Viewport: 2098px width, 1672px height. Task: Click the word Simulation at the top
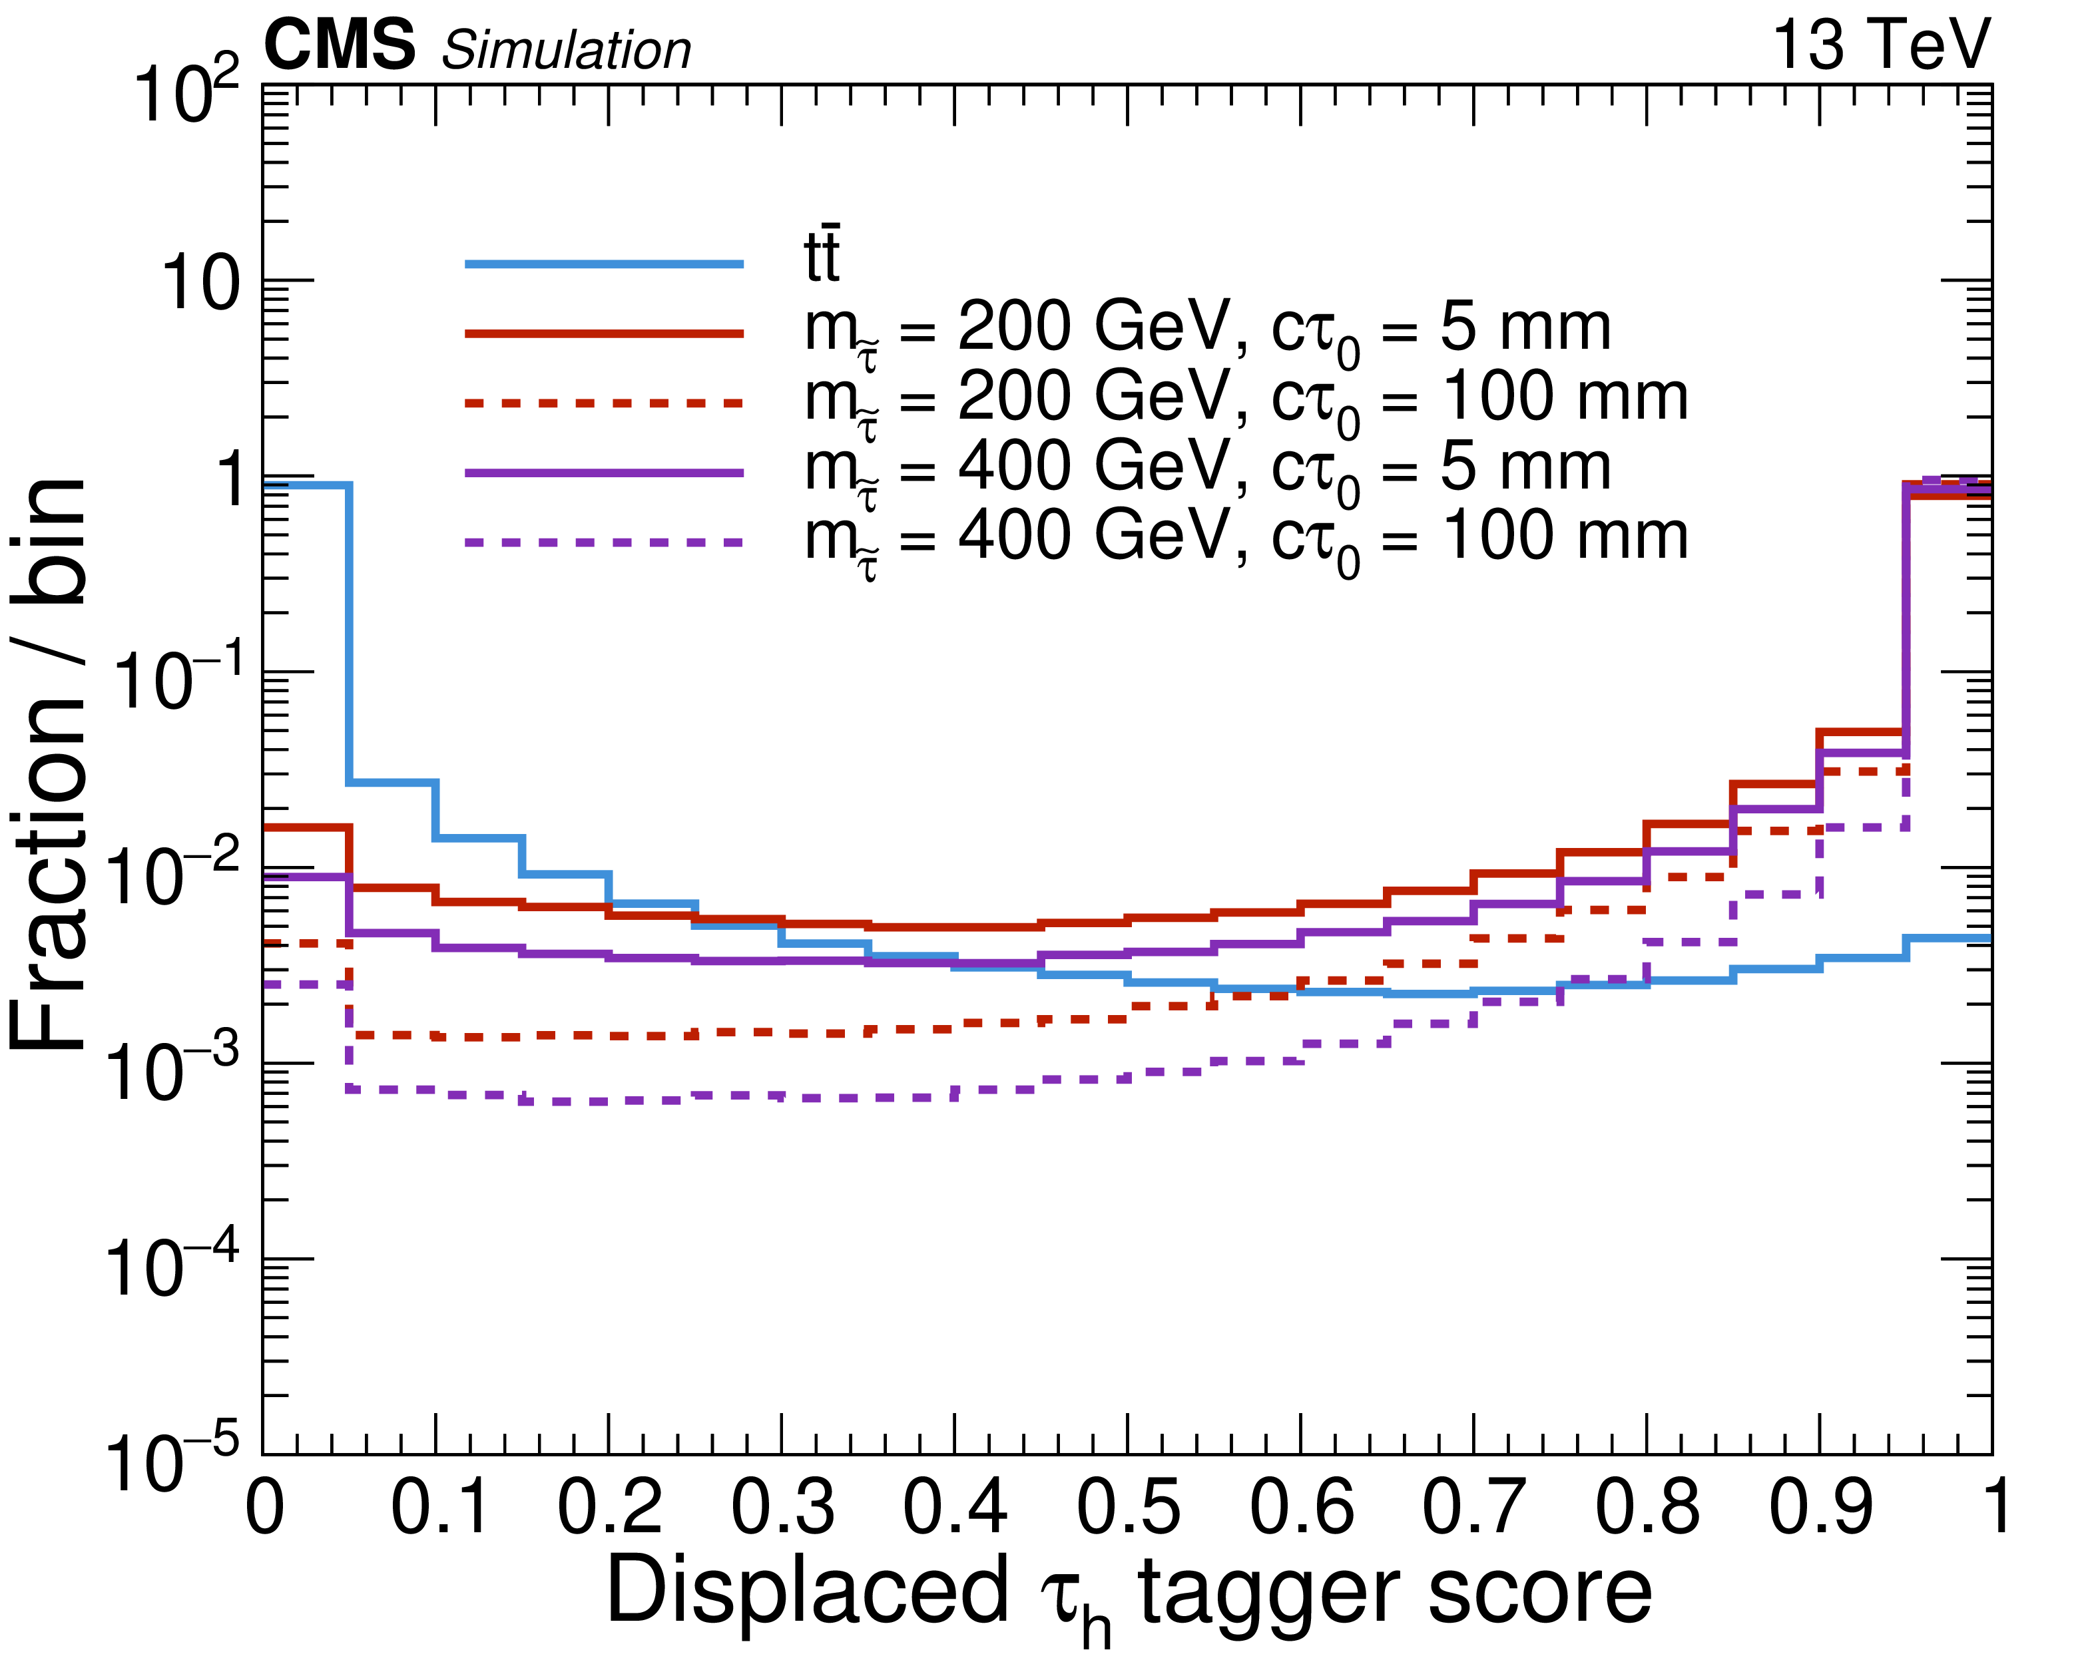coord(567,51)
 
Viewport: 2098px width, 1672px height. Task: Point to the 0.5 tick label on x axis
coord(1128,1508)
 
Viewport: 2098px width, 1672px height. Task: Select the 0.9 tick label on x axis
coord(1820,1508)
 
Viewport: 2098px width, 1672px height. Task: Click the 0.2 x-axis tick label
coord(609,1508)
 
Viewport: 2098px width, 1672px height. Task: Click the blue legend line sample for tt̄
coord(603,264)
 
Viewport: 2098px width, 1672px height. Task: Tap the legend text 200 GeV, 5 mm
coord(1206,331)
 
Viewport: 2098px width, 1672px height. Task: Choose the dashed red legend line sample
coord(603,403)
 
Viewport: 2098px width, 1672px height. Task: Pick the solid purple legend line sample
coord(603,473)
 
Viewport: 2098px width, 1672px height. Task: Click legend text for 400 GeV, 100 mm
coord(1246,540)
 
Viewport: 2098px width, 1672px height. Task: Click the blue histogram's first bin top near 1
coord(306,485)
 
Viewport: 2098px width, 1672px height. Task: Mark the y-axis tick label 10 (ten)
coord(200,285)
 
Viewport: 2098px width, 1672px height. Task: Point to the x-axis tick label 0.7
coord(1473,1508)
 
